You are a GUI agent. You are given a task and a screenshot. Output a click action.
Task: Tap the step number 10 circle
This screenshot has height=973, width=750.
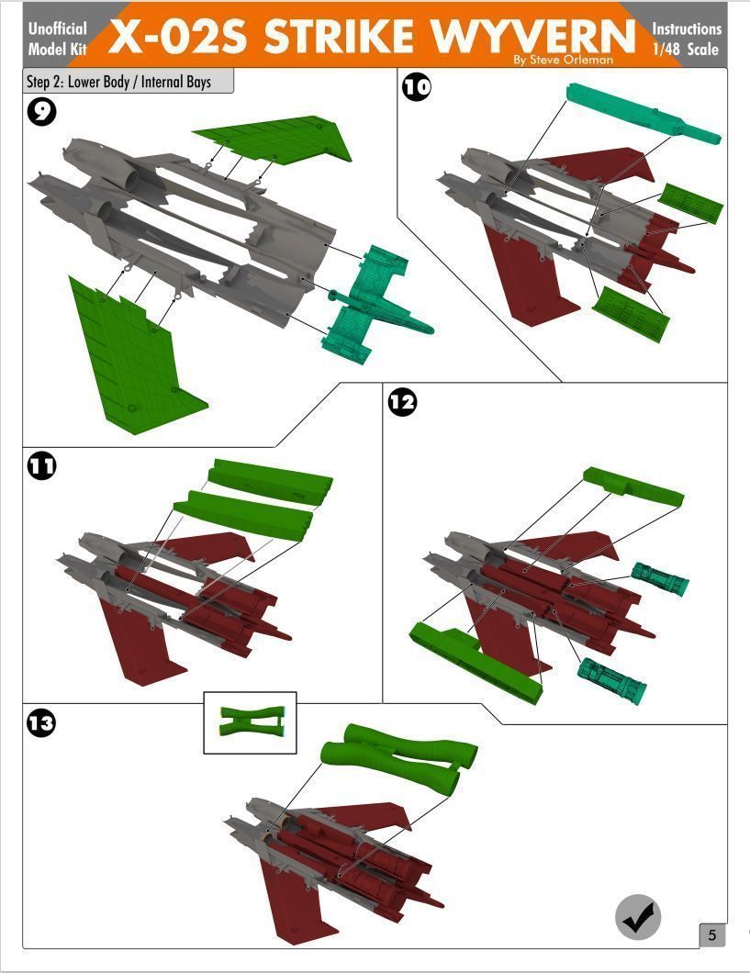point(417,87)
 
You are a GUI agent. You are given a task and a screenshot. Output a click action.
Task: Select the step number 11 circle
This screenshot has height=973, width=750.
point(41,465)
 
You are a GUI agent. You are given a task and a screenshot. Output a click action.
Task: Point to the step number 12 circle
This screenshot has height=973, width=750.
point(402,401)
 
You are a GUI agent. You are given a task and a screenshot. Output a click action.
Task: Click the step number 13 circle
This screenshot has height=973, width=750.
point(41,723)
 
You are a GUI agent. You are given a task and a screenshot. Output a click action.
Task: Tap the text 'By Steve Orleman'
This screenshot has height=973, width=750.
point(563,61)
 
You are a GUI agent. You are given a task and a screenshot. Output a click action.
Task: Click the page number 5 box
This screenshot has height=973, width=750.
point(712,935)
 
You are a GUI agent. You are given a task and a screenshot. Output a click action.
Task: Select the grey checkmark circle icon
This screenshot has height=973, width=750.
point(638,915)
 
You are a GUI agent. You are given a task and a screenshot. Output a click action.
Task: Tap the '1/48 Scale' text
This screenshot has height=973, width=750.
point(687,50)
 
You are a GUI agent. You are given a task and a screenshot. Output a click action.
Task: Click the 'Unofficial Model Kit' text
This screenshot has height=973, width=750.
point(57,39)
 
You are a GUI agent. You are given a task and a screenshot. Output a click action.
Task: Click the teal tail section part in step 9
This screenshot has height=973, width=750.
point(372,303)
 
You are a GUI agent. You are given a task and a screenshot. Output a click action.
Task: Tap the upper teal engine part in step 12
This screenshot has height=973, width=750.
point(659,579)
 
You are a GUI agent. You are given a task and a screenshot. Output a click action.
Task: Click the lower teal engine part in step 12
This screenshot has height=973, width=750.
point(611,679)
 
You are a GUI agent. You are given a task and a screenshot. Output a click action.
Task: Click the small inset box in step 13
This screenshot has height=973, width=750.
point(250,722)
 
